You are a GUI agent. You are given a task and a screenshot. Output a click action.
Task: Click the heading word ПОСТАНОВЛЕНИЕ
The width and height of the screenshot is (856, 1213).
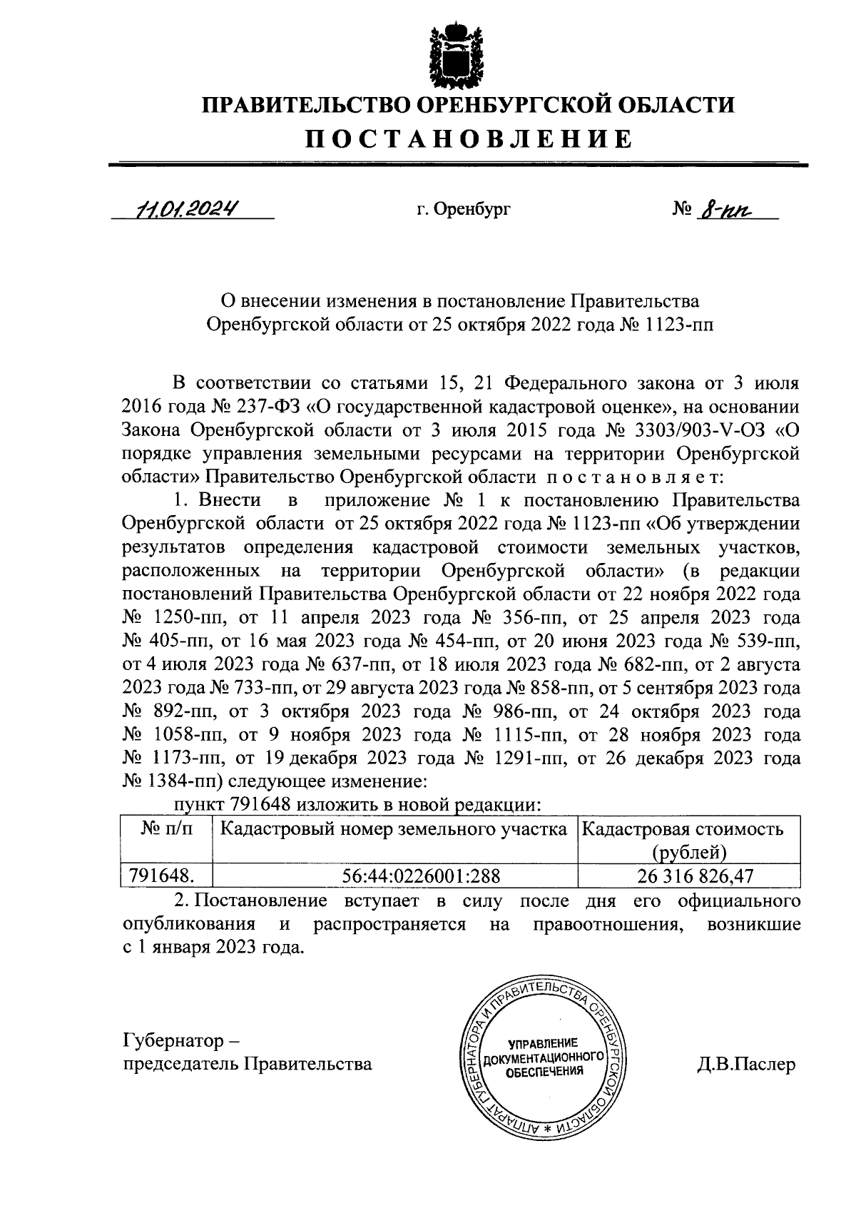pos(469,138)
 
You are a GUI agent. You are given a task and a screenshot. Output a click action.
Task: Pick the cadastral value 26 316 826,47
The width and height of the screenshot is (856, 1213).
pos(688,876)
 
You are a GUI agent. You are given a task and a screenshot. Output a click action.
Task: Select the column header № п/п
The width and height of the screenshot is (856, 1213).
pos(166,829)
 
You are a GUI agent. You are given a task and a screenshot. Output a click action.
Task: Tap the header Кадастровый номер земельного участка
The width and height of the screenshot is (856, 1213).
pos(394,829)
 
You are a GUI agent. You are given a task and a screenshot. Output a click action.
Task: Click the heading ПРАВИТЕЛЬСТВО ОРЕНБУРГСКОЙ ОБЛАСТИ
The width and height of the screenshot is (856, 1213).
pos(469,105)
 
